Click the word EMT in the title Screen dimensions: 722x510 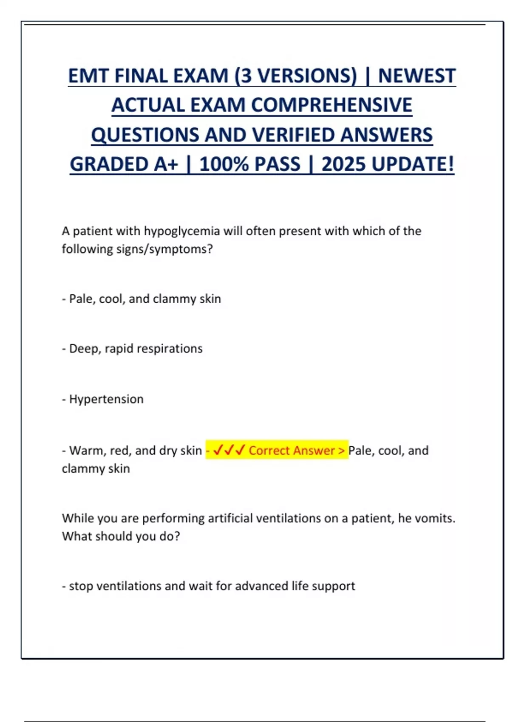(89, 76)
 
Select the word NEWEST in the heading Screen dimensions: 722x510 (417, 76)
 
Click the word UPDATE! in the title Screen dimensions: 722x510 (413, 164)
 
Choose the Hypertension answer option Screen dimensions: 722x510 (106, 399)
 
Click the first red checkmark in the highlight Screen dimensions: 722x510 (218, 450)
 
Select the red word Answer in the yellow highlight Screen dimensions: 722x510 (315, 450)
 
